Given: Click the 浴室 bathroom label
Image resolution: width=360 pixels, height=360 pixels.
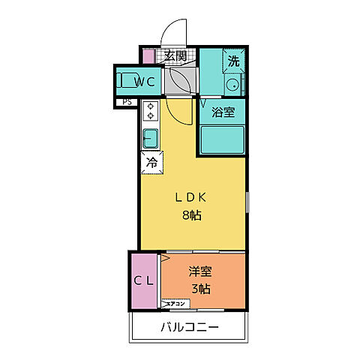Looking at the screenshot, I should point(223,113).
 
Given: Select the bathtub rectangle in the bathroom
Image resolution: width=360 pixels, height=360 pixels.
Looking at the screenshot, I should point(222,139).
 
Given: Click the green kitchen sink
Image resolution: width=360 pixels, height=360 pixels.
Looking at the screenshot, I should point(150,139).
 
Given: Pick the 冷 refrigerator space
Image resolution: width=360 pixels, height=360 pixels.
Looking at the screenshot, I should point(151,161).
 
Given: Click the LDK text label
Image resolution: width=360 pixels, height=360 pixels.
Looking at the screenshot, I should point(190,198).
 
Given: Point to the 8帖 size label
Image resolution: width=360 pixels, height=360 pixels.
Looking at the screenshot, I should point(190,215).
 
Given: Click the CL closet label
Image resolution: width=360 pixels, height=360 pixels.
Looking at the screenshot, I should point(143,281).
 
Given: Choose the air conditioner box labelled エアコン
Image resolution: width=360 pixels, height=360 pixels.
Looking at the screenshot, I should point(177,304).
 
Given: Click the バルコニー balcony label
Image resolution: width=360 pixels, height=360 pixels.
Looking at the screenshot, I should point(189,328).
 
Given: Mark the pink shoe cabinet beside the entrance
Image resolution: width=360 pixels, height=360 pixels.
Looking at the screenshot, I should point(148,56).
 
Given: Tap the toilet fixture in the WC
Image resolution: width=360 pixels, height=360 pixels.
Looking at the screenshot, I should point(125,80).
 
